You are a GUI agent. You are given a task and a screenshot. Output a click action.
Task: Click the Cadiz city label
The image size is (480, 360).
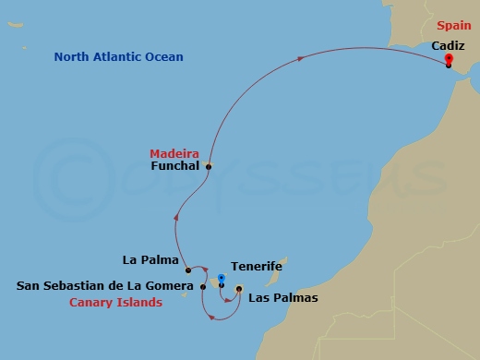pos(448,44)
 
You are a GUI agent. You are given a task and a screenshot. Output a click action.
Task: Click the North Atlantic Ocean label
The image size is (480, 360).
pos(118,57)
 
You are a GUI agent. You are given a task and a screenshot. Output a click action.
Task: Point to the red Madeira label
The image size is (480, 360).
pos(174,153)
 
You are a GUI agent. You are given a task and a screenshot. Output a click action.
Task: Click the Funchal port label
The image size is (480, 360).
pos(174,167)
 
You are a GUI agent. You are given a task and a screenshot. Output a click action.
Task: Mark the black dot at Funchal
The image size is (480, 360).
pos(209,167)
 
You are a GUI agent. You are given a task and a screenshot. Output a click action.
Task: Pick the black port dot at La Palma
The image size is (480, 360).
pos(187,270)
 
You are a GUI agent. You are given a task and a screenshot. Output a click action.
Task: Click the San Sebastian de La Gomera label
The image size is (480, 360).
pos(105,286)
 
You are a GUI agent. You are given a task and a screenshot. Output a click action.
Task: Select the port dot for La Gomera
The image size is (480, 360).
pos(203,286)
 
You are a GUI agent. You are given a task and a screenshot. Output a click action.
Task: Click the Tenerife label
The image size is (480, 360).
pos(256,267)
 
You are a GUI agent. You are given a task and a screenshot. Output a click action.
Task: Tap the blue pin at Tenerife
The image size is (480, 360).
pos(222,279)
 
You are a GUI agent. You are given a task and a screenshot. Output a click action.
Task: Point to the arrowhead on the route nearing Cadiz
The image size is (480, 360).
pos(303,59)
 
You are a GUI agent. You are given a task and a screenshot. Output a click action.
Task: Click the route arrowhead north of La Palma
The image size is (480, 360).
pos(174,218)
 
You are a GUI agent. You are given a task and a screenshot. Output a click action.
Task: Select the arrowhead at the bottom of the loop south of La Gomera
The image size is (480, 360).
pos(214,318)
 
